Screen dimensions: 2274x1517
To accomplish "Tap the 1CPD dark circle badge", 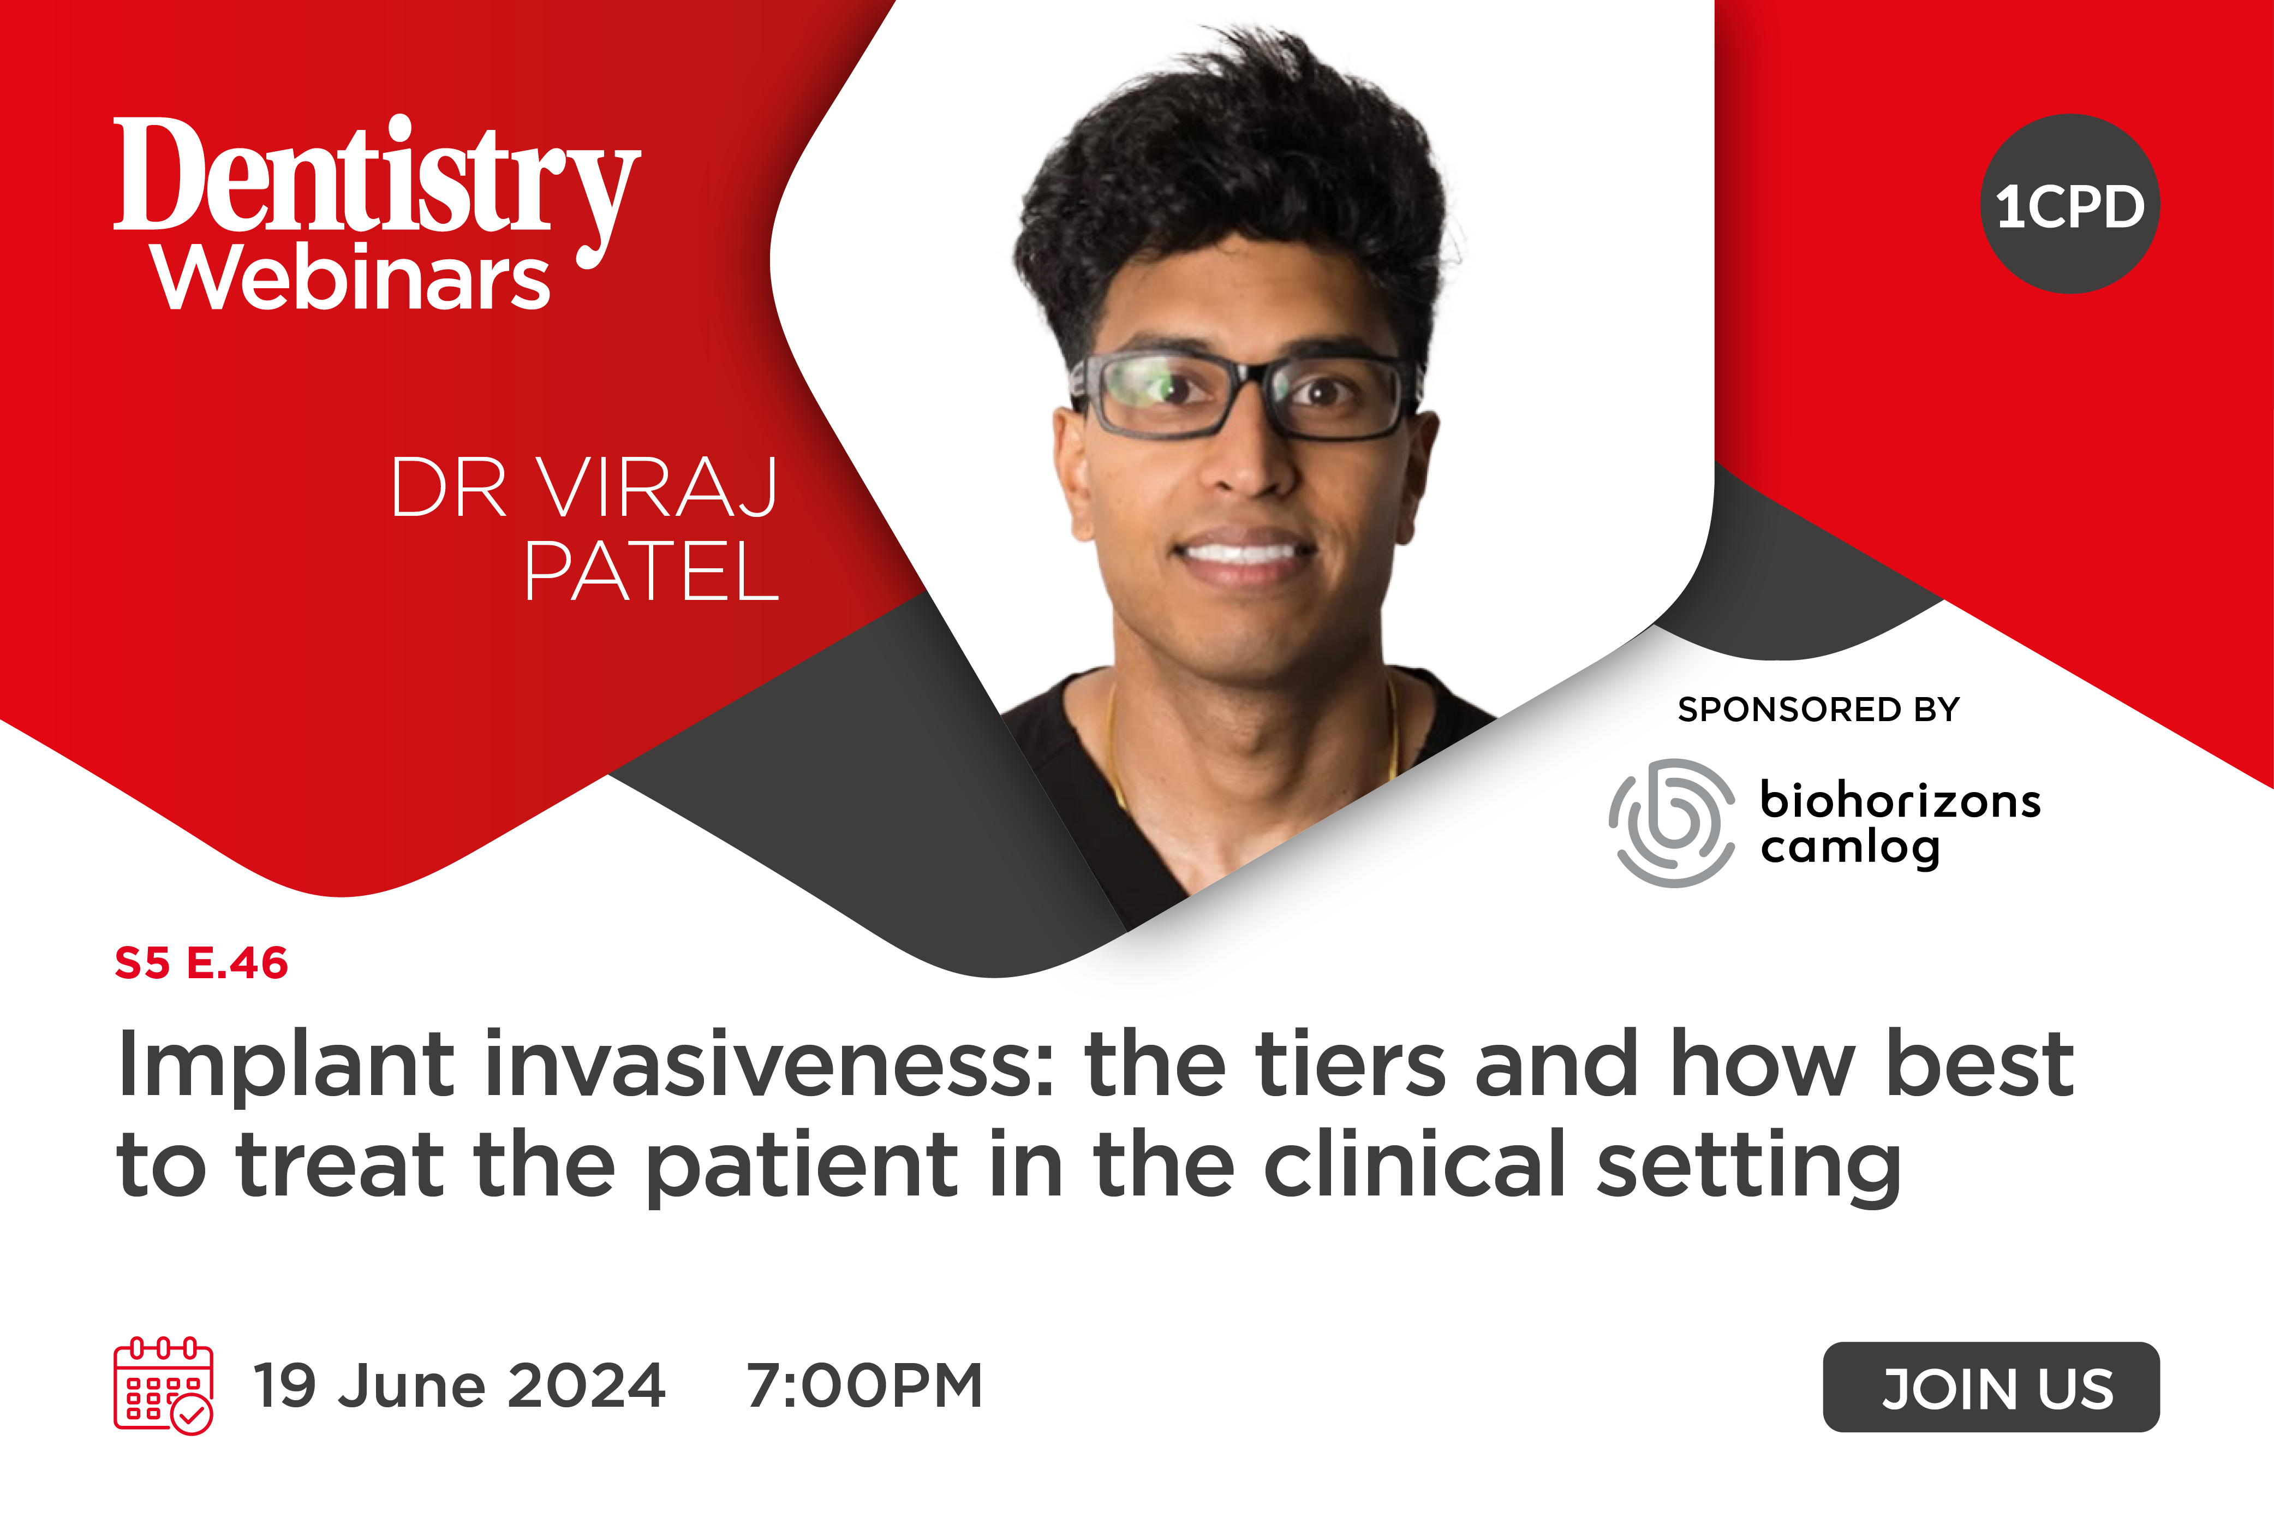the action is tap(2070, 204).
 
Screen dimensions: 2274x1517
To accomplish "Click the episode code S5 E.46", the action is tap(201, 962).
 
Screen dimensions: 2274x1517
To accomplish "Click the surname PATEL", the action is tap(651, 572).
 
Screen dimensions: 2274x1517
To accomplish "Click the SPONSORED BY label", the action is tap(1818, 709).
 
